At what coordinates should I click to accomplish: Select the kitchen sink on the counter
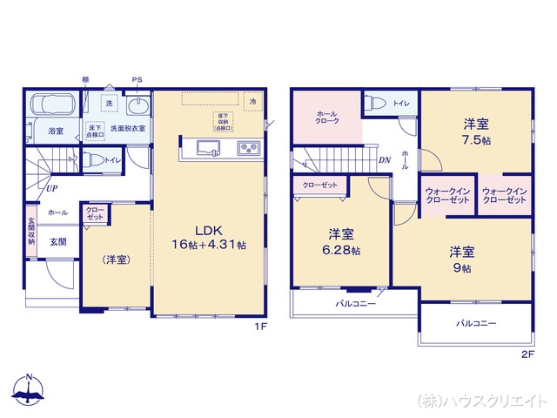207,147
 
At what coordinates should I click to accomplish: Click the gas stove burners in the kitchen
247,147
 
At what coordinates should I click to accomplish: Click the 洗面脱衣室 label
127,129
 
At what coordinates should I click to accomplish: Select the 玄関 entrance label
57,241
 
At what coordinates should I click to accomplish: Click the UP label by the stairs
52,187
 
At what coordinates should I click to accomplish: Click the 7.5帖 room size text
474,139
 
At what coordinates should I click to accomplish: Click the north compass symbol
29,391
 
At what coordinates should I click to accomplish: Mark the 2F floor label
527,354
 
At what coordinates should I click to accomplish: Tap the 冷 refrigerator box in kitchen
252,100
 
